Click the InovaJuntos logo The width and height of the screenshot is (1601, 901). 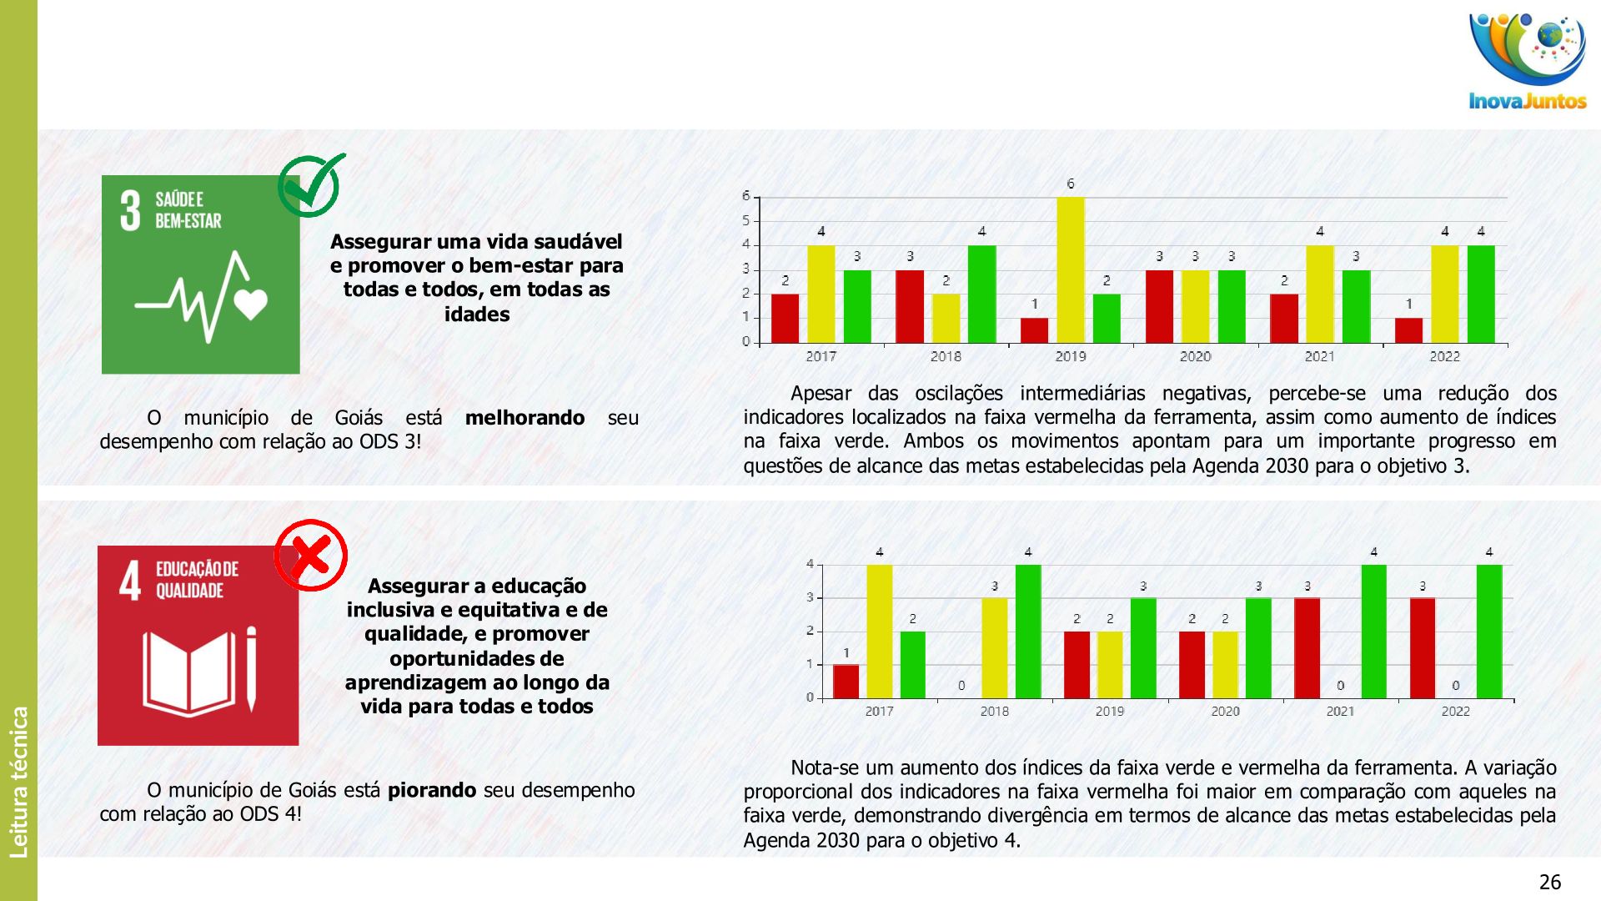pos(1528,63)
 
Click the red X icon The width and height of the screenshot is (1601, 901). pos(311,555)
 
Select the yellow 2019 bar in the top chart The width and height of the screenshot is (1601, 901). pos(1071,269)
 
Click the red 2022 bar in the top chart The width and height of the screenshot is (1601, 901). pos(1408,330)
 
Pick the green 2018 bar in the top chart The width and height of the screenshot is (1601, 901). pos(981,294)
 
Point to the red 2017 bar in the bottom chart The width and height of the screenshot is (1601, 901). pos(846,681)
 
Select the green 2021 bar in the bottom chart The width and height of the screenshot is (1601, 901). pos(1373,632)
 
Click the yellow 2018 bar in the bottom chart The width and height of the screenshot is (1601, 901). pos(994,648)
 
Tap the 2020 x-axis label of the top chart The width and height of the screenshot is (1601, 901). pos(1195,356)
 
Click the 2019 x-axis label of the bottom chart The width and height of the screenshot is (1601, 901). pos(1109,711)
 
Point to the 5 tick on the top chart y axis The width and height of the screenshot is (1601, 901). pos(746,220)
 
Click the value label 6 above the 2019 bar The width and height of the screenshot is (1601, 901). pos(1071,184)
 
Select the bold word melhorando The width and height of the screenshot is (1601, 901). pos(524,417)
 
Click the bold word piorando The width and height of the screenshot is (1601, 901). pos(432,790)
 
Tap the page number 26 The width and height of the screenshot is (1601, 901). pos(1549,882)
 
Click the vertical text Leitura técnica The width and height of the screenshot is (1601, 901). pos(18,782)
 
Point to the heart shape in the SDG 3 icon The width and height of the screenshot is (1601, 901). pos(250,304)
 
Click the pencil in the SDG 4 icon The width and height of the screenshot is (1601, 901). pos(251,669)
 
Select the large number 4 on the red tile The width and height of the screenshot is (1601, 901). pos(130,581)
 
